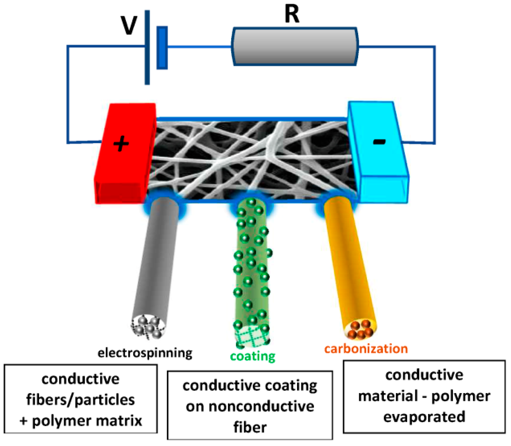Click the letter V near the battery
click(x=129, y=26)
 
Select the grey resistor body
click(x=295, y=46)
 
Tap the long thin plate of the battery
click(x=147, y=47)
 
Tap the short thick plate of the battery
click(x=162, y=48)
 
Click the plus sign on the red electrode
click(x=121, y=144)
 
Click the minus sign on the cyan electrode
click(x=379, y=142)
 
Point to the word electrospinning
click(x=145, y=353)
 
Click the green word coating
click(x=252, y=356)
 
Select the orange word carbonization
click(x=366, y=349)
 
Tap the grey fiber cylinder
click(x=157, y=258)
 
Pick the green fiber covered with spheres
click(x=252, y=263)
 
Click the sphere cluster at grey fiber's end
click(x=149, y=327)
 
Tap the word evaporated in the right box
click(x=424, y=417)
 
